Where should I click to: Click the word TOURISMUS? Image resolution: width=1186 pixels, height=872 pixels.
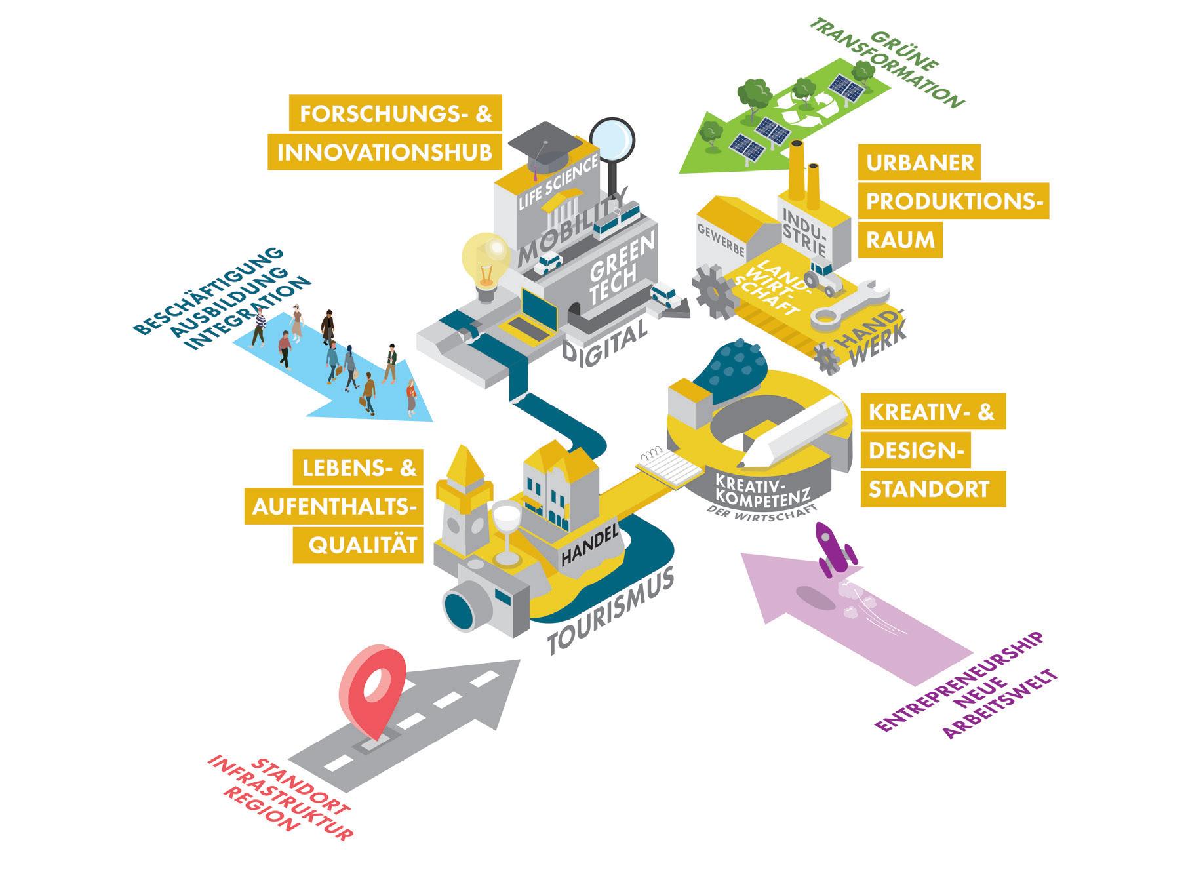pos(610,614)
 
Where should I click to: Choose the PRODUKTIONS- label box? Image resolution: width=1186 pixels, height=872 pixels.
pos(953,201)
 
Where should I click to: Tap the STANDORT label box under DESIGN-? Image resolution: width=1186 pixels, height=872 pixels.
pos(928,489)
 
